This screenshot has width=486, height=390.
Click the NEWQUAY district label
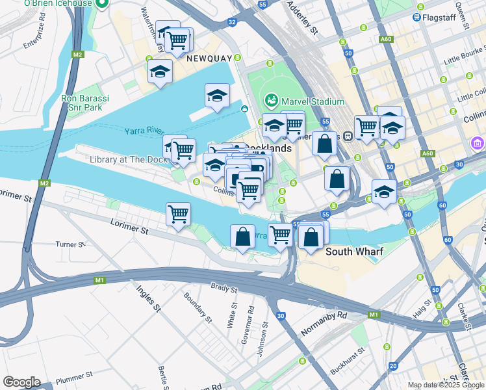coord(209,58)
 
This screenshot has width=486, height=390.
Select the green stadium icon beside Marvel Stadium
coord(272,101)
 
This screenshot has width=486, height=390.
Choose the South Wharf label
coord(354,252)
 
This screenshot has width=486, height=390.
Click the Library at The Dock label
coord(121,159)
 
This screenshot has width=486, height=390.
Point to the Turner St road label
coord(66,244)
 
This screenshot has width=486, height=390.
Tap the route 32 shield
coord(232,22)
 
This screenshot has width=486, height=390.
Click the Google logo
coord(21,382)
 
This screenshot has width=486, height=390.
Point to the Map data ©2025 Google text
coord(446,385)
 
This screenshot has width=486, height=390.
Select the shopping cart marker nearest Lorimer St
coord(178,213)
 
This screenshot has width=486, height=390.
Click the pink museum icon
coord(478,143)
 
